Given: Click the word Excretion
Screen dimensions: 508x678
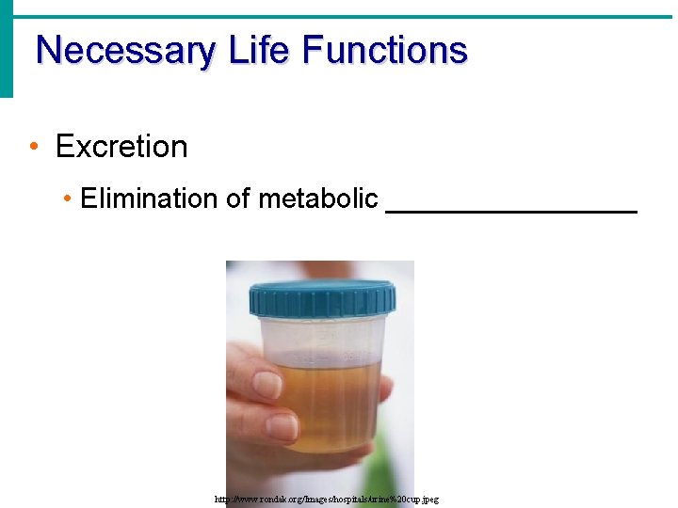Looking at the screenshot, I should tap(121, 147).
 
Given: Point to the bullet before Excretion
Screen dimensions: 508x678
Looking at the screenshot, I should tap(33, 147).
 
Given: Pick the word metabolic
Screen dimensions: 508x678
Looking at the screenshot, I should tap(318, 198).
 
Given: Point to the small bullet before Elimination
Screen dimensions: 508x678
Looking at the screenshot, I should tap(68, 198).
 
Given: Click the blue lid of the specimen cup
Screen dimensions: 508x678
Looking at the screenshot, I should tap(322, 297).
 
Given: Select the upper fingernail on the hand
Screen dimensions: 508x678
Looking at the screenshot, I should tap(267, 384).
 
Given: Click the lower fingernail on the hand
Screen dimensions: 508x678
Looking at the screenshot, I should tap(280, 428).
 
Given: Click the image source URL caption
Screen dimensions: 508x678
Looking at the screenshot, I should tap(327, 500).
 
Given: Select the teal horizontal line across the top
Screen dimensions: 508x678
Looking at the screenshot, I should tap(339, 17).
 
